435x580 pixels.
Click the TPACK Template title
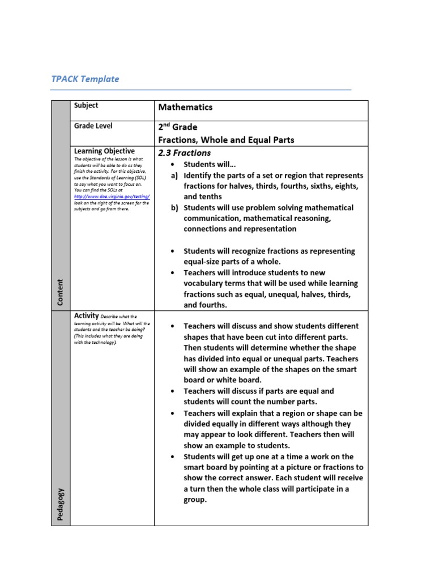pyautogui.click(x=86, y=79)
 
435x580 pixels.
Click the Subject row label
pyautogui.click(x=86, y=105)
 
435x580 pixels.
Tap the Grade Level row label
pyautogui.click(x=93, y=126)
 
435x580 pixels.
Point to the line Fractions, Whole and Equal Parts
pyautogui.click(x=225, y=140)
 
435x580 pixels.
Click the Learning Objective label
pyautogui.click(x=104, y=151)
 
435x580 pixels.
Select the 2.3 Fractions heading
pyautogui.click(x=184, y=153)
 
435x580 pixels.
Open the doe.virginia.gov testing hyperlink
pyautogui.click(x=112, y=196)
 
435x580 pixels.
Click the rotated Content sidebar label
pyautogui.click(x=61, y=292)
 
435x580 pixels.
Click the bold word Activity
pyautogui.click(x=87, y=315)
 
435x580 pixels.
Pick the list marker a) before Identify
pyautogui.click(x=175, y=176)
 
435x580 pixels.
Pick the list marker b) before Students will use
pyautogui.click(x=175, y=208)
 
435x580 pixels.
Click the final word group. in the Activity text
pyautogui.click(x=195, y=500)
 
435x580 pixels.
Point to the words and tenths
pyautogui.click(x=203, y=197)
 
